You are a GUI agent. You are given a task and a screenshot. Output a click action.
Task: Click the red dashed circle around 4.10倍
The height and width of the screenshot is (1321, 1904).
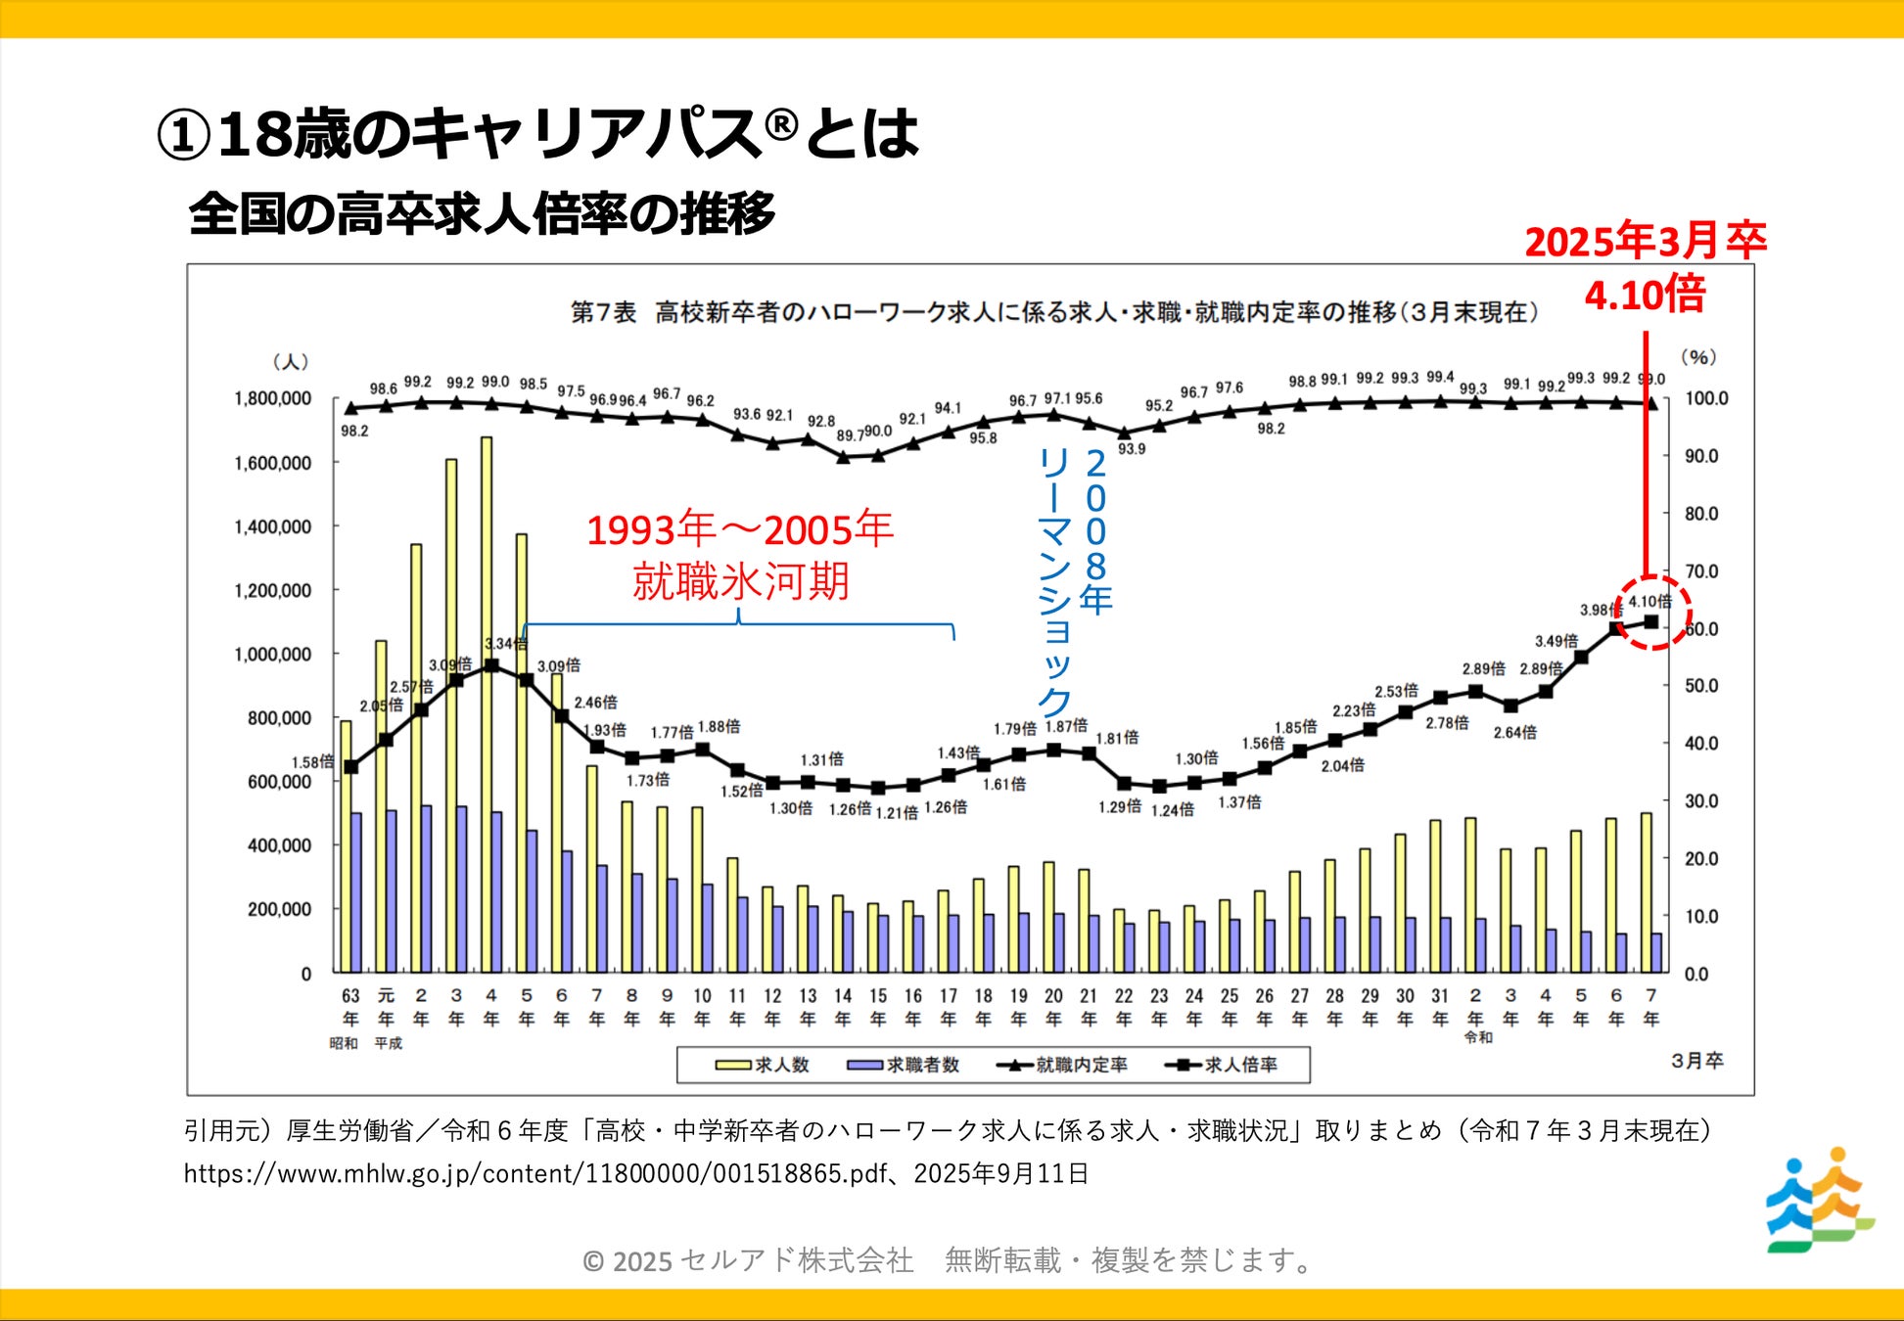coord(1651,613)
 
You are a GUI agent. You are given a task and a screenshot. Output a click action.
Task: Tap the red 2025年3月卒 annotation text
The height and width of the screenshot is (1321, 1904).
coord(1645,242)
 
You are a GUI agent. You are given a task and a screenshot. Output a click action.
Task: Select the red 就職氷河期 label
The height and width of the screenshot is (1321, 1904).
coord(740,581)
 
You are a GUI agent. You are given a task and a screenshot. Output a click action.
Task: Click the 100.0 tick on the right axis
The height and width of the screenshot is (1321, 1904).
coord(1706,399)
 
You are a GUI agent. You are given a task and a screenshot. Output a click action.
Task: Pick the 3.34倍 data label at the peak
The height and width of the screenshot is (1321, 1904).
coord(505,644)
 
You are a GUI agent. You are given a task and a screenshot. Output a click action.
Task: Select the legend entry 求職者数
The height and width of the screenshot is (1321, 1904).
coord(904,1065)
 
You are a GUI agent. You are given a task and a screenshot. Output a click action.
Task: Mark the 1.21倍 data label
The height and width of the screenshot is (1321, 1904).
coord(897,812)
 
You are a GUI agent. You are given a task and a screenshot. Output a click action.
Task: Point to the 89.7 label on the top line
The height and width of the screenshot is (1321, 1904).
coord(850,435)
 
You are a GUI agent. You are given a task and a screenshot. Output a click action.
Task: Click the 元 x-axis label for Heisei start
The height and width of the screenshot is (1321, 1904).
coord(386,996)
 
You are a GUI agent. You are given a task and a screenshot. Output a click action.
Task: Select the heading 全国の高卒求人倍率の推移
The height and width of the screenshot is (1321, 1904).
coord(482,213)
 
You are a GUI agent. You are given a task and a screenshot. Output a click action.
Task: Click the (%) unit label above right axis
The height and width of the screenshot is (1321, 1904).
coord(1698,357)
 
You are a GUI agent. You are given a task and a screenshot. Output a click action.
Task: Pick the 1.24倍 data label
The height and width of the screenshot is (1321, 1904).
coord(1172,809)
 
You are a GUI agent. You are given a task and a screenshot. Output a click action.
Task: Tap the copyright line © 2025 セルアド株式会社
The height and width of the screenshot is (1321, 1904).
coord(948,1260)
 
